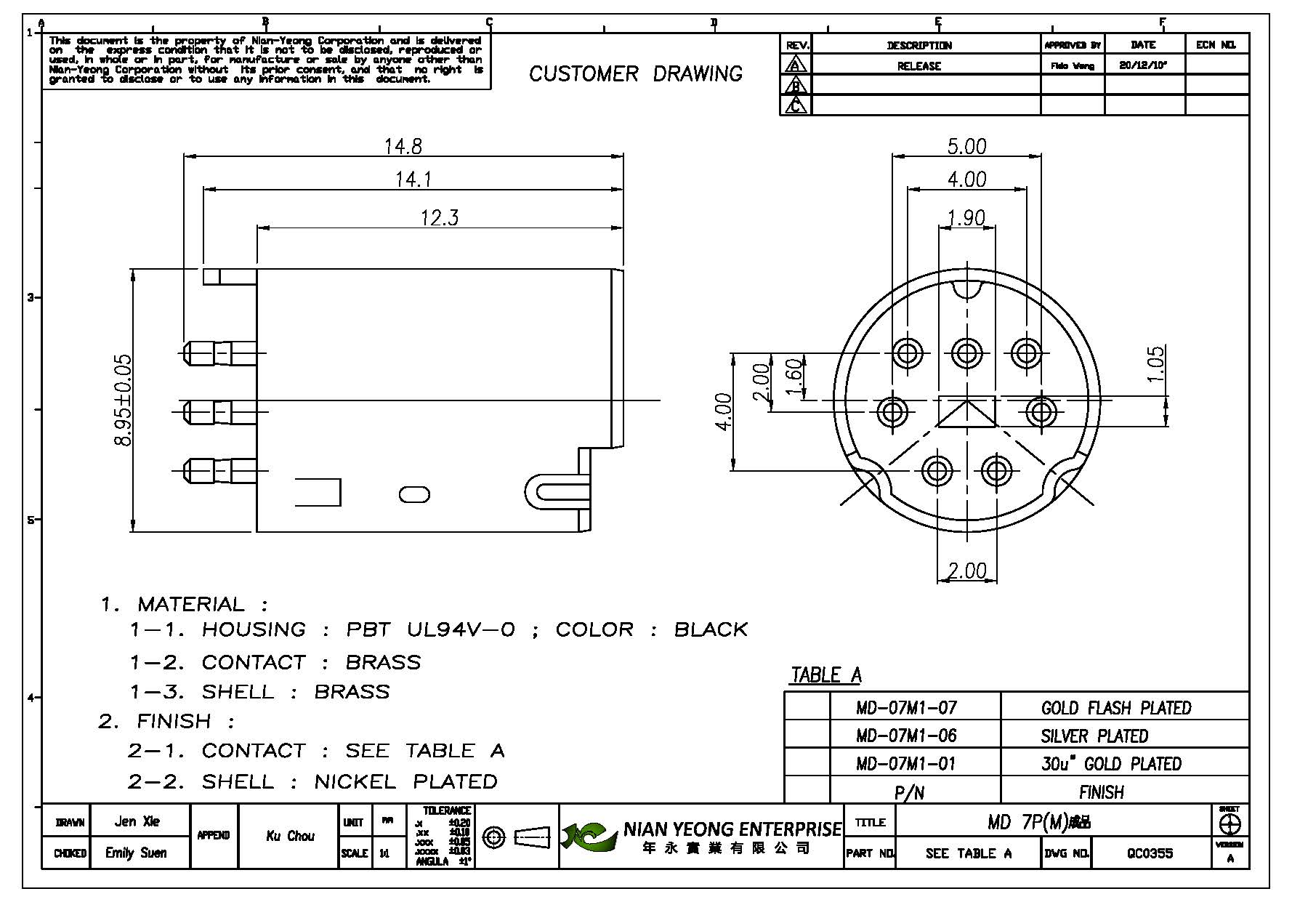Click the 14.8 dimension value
(403, 146)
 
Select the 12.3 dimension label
(440, 217)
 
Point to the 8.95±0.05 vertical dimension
(124, 400)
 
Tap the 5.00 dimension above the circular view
(966, 146)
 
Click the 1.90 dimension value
(966, 217)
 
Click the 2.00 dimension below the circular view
(966, 571)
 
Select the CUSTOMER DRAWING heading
(635, 73)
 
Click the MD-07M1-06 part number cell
(906, 736)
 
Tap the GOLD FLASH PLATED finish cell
(1115, 707)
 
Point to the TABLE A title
(825, 675)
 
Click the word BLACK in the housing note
(711, 629)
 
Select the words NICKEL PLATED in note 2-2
(405, 781)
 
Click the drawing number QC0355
(1150, 853)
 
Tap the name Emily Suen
(136, 853)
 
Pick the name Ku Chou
(290, 836)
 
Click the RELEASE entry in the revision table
(918, 65)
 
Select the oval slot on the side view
(414, 494)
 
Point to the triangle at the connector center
(966, 412)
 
